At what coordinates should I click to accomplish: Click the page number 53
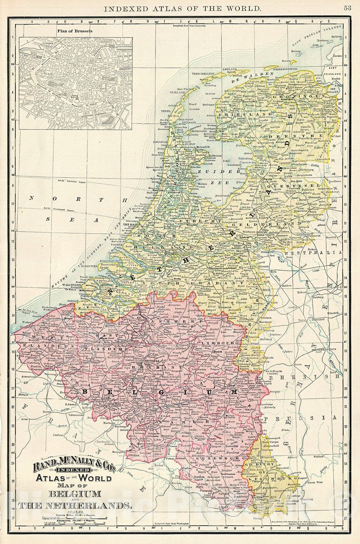click(x=347, y=8)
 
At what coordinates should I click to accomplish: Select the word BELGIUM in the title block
click(x=76, y=494)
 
